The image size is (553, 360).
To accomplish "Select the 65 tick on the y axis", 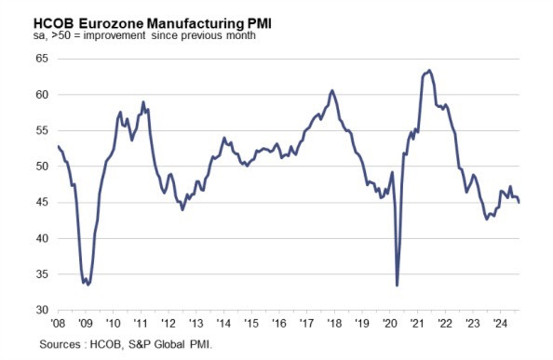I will (41, 58).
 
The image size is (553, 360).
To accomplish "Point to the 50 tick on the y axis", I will (41, 166).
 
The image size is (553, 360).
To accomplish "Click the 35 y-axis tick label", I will (41, 274).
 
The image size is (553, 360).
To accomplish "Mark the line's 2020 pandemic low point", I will (397, 285).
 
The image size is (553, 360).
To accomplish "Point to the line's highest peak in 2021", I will (429, 70).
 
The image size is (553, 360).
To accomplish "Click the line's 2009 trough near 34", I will (88, 285).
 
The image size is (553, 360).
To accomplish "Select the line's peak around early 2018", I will (332, 91).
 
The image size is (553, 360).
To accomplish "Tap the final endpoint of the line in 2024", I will (520, 202).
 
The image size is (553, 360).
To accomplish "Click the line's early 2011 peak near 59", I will (143, 102).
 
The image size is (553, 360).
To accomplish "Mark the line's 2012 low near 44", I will (182, 210).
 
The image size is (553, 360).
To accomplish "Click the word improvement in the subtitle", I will (107, 36).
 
